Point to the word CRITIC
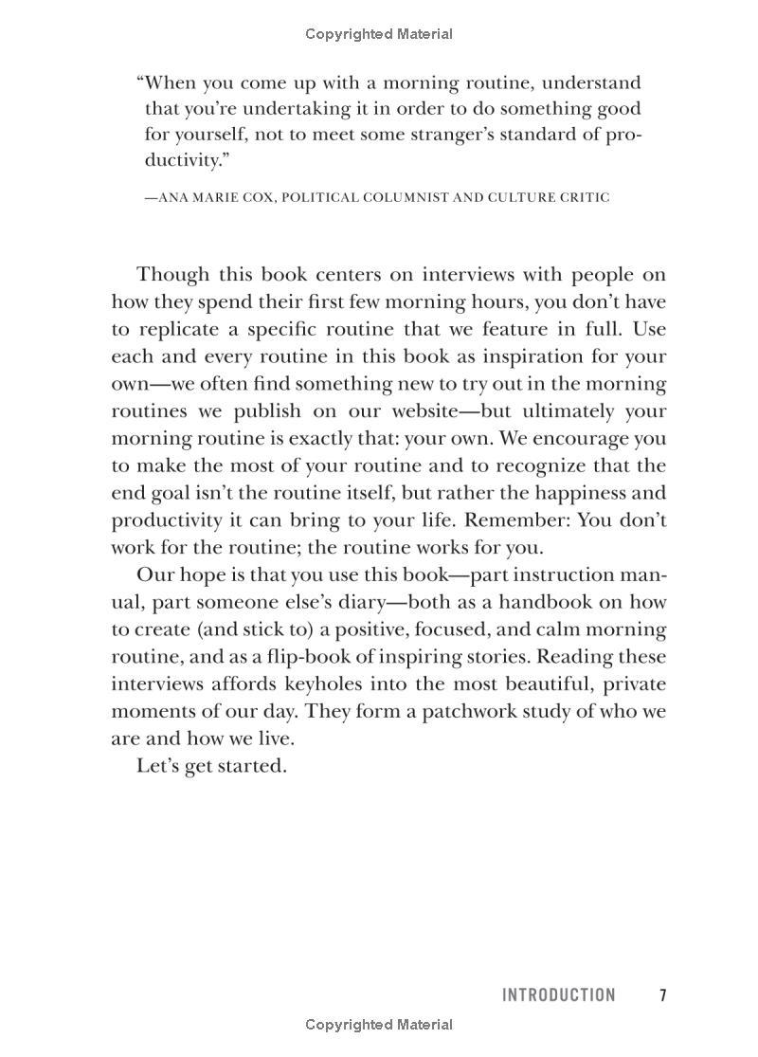[584, 197]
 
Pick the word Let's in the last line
[157, 765]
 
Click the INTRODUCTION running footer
[558, 994]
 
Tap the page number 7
[663, 994]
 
